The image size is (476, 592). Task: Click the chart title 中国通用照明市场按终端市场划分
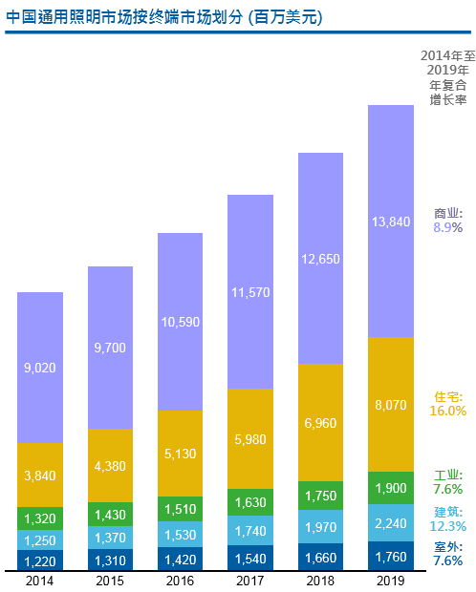(162, 16)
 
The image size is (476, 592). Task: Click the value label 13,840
(390, 222)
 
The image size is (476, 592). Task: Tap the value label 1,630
(249, 502)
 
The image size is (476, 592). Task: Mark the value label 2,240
(390, 521)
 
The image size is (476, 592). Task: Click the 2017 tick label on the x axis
(249, 581)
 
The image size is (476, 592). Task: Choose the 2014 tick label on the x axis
(40, 581)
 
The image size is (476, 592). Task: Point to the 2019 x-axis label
(390, 581)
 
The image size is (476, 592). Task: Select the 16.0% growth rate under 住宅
(448, 411)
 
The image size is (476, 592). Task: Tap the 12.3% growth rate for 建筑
(448, 526)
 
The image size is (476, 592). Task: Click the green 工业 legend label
(448, 475)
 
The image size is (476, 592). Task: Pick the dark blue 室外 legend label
(448, 547)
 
